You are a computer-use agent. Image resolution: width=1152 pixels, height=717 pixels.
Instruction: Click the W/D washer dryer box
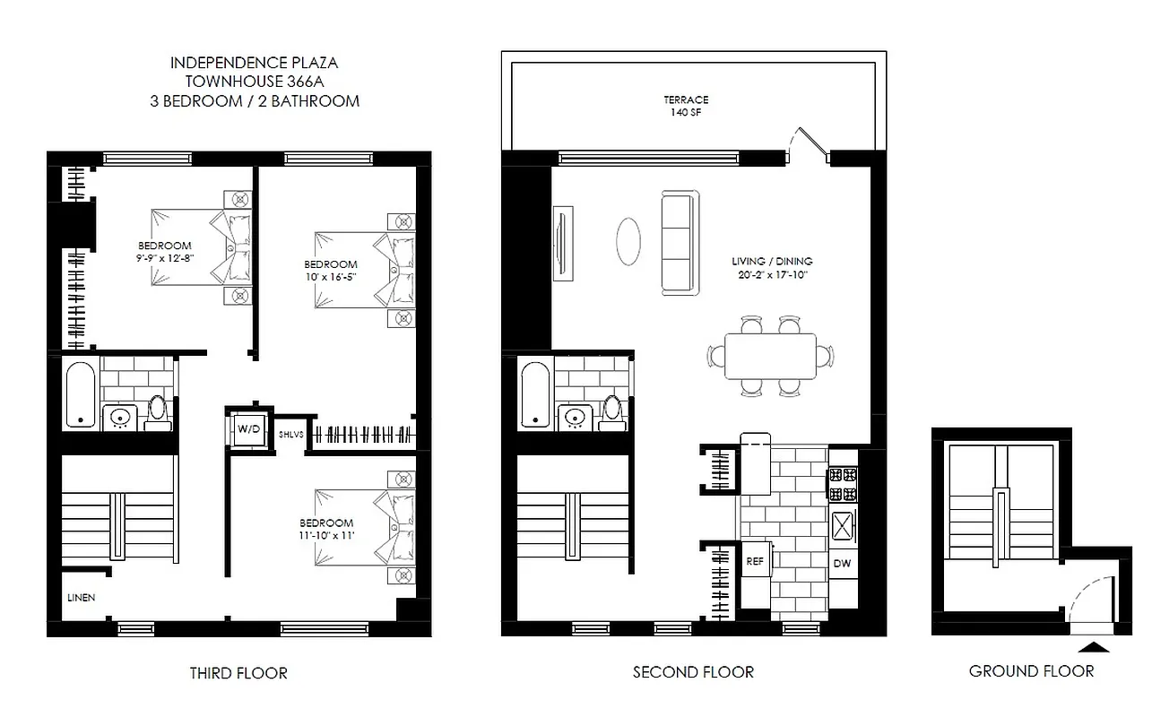(247, 429)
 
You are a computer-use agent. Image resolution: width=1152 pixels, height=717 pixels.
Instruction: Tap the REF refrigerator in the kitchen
(754, 562)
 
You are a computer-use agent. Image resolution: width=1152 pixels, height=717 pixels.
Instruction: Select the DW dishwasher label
(842, 563)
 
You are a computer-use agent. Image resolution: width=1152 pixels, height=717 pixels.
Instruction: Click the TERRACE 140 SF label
(687, 107)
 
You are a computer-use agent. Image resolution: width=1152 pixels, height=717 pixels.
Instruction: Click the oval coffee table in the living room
(628, 240)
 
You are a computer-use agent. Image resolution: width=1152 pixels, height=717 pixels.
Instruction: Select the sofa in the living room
(679, 242)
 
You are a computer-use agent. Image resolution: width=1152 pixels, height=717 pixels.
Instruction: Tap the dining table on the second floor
(771, 357)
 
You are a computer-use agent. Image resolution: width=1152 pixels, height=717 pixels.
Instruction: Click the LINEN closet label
(81, 597)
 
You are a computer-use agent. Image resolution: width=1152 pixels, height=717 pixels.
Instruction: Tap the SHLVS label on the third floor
(291, 434)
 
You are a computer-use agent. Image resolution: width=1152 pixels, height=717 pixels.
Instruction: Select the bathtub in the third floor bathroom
(81, 393)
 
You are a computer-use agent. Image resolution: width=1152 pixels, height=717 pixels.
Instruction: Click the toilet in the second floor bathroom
(613, 409)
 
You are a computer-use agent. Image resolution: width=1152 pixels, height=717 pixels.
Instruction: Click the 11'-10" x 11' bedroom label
(327, 535)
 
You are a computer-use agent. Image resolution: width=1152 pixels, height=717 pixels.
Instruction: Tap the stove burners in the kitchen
(843, 484)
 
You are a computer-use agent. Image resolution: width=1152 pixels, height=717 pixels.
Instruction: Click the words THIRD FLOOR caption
(238, 672)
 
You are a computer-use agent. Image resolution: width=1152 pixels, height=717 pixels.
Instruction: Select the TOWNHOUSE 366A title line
(255, 82)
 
